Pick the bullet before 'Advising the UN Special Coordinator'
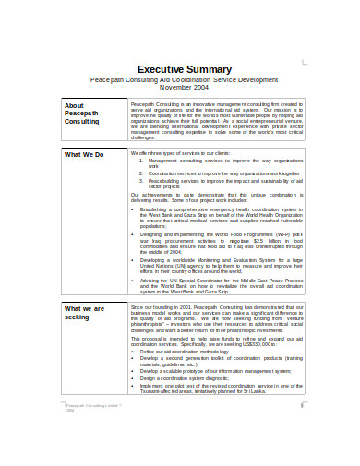tap(134, 280)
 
